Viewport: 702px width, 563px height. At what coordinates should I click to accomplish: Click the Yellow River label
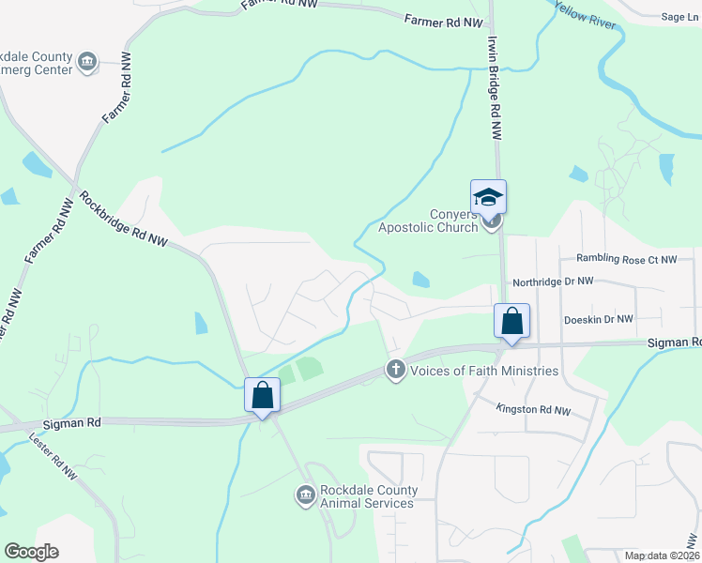tap(587, 15)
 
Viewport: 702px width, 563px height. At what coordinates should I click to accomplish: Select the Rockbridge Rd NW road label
tap(123, 220)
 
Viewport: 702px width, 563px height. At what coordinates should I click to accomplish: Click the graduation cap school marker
tap(488, 197)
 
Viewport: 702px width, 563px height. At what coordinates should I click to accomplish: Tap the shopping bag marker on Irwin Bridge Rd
tap(512, 321)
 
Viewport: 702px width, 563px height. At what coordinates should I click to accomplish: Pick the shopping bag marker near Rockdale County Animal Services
tap(262, 395)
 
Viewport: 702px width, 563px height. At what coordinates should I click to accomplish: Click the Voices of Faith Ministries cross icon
tap(396, 371)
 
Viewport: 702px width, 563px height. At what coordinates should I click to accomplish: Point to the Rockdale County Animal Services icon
tap(304, 495)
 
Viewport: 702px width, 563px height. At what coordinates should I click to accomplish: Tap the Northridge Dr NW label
tap(553, 281)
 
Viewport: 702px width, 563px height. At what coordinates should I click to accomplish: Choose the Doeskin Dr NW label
tap(599, 320)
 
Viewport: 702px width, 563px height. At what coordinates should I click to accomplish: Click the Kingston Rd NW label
tap(533, 410)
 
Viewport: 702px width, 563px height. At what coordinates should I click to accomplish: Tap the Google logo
tap(31, 552)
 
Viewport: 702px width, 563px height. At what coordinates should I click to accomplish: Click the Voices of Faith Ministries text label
tap(484, 371)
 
